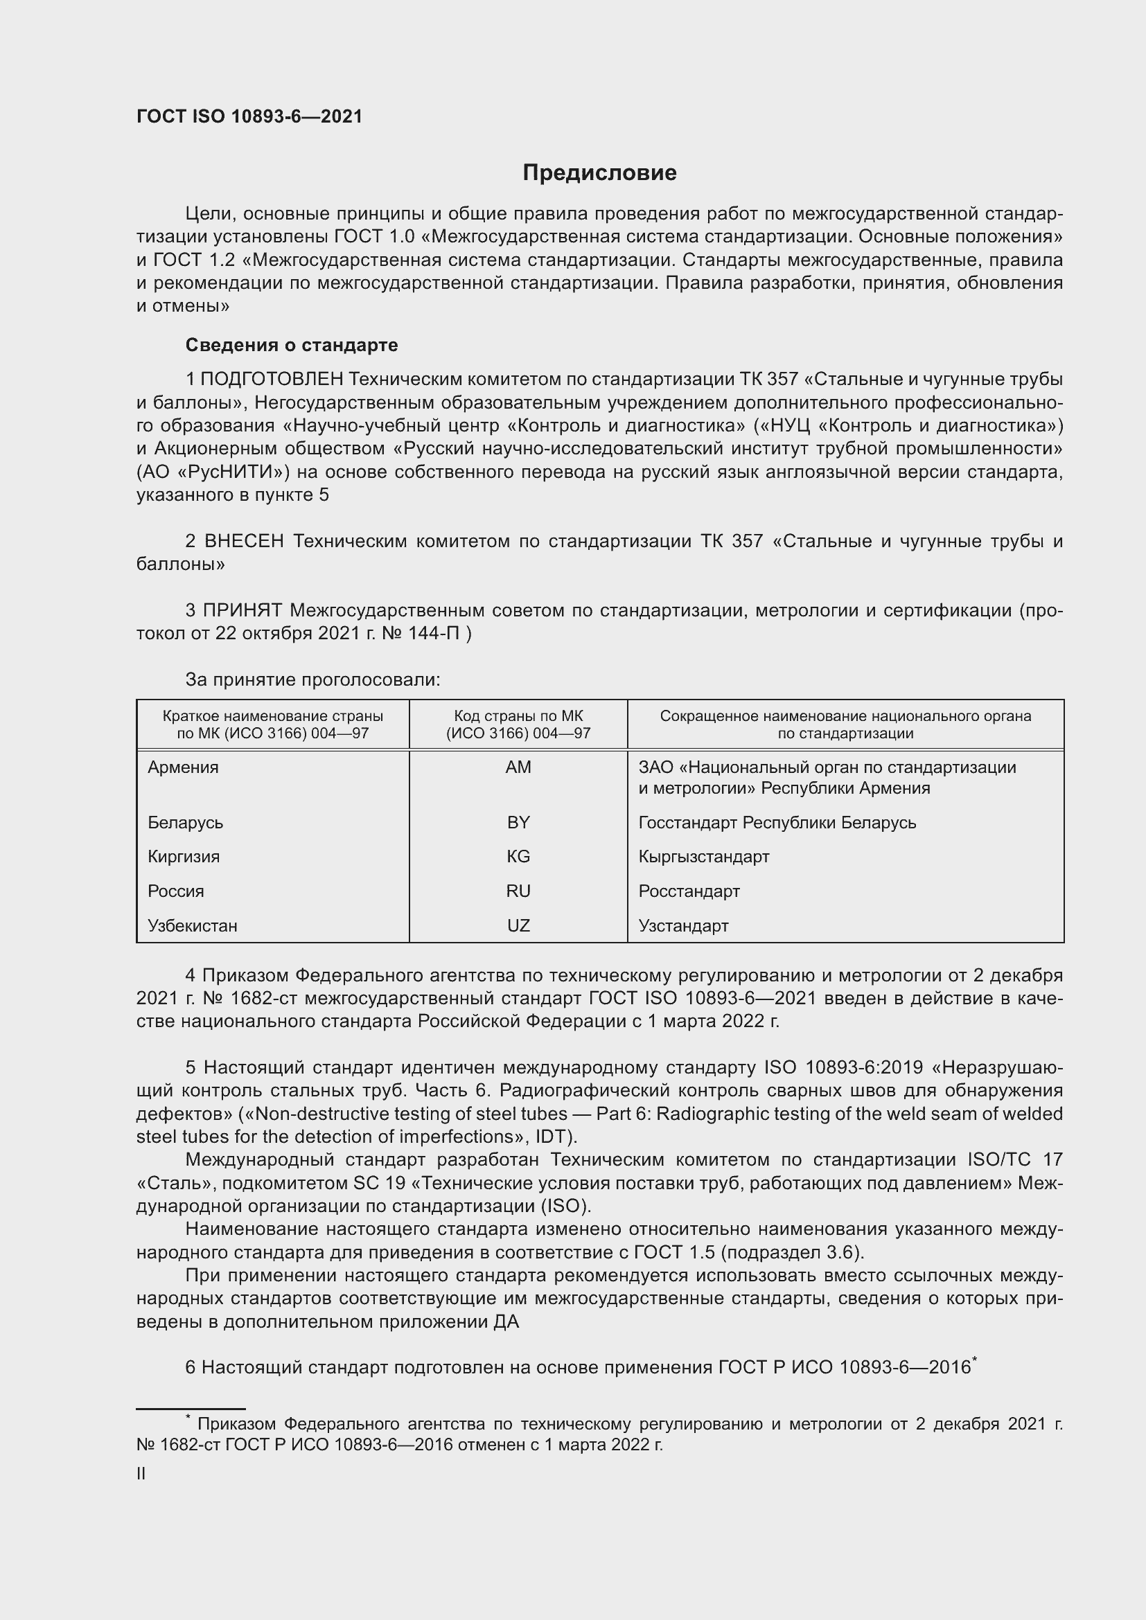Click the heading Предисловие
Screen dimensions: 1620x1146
(599, 173)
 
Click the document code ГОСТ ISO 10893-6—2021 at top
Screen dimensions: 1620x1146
(249, 117)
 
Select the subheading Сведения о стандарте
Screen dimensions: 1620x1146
(292, 345)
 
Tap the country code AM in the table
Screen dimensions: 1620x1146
(518, 767)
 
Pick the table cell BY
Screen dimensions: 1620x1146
(518, 822)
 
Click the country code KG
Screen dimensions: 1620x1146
(518, 857)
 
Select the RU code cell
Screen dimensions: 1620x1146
(518, 891)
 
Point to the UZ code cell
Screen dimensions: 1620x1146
(518, 926)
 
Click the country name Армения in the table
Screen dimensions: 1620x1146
(183, 767)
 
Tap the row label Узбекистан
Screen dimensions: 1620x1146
(192, 926)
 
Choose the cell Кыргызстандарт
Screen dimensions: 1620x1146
(703, 857)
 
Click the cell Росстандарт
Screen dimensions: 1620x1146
(689, 891)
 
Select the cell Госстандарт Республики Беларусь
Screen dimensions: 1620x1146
(777, 823)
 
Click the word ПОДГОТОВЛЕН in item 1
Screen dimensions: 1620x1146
(272, 380)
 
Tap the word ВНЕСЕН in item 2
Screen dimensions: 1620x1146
(244, 541)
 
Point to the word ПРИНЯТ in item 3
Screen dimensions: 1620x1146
(243, 610)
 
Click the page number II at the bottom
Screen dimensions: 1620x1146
(141, 1474)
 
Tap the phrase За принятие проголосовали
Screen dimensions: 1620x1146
(312, 679)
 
